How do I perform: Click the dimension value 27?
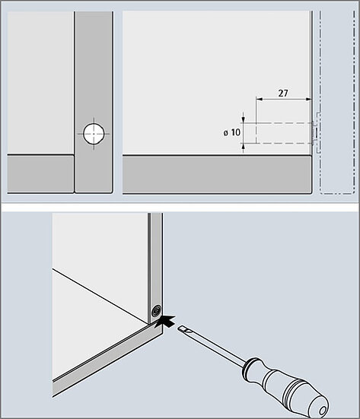283,93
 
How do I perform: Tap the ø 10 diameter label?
232,132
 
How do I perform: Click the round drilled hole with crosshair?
94,133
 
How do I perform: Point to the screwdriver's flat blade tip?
180,329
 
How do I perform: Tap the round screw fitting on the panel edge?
156,311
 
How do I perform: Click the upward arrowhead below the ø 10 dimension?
243,146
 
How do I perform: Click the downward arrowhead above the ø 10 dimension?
243,120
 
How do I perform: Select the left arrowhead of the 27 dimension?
260,99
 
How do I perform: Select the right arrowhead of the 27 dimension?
309,99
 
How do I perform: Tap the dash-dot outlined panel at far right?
337,103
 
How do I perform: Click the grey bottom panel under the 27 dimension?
217,174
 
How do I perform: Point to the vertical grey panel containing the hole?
94,102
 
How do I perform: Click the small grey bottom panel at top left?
40,173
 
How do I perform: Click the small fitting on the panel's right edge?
314,132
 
